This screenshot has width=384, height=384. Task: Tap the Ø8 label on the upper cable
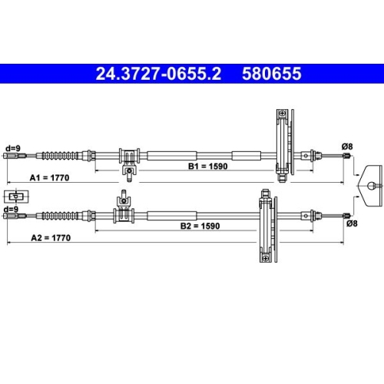point(346,146)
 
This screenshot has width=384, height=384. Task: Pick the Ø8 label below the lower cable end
point(352,223)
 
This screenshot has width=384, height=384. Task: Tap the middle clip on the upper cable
point(129,157)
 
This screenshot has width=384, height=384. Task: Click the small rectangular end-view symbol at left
point(12,196)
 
